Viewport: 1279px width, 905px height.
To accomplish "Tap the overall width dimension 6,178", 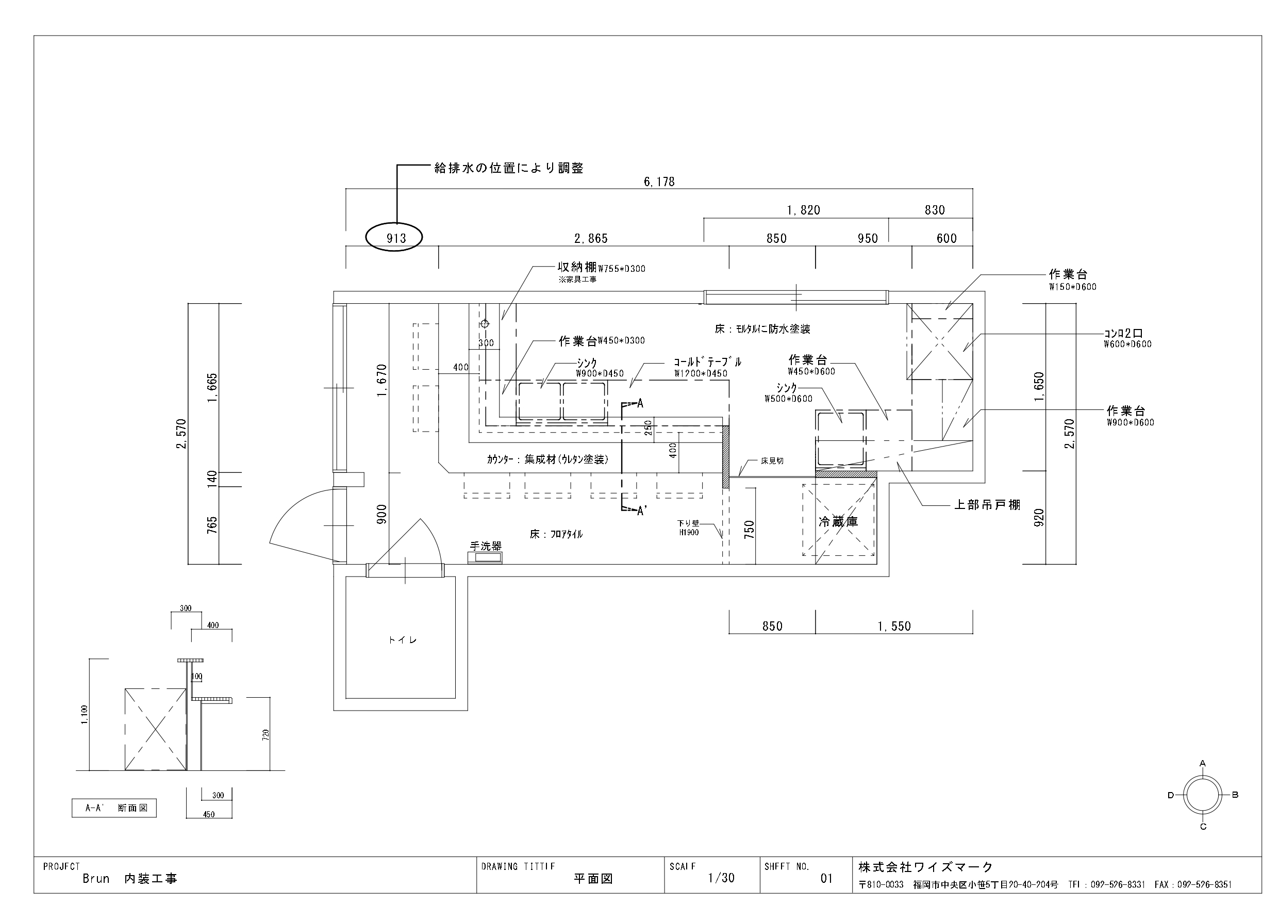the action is pyautogui.click(x=659, y=182).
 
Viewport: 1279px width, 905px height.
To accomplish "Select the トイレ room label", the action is pyautogui.click(x=402, y=640).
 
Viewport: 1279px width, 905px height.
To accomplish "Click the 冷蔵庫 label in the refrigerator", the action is pyautogui.click(x=838, y=522).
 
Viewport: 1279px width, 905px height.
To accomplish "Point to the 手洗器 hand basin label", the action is pyautogui.click(x=486, y=546).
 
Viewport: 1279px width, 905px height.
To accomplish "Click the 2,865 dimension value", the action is pyautogui.click(x=591, y=239).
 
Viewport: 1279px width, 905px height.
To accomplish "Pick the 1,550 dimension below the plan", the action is pyautogui.click(x=894, y=627).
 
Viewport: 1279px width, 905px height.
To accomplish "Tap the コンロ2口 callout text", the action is pyautogui.click(x=1124, y=333).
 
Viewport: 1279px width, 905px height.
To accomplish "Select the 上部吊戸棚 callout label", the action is pyautogui.click(x=988, y=505).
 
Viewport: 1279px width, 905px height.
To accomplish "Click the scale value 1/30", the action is pyautogui.click(x=721, y=878).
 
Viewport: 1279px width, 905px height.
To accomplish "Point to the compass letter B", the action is pyautogui.click(x=1235, y=795).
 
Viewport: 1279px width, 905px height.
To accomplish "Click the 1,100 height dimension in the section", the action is pyautogui.click(x=84, y=715).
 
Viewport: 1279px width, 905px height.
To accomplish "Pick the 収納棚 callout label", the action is pyautogui.click(x=577, y=268).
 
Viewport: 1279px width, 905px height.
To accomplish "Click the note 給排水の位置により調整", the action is pyautogui.click(x=509, y=168).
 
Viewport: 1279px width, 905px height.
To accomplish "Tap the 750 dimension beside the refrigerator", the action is pyautogui.click(x=749, y=529).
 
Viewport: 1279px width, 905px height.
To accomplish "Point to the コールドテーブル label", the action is pyautogui.click(x=707, y=362).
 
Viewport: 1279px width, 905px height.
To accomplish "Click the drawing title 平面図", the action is pyautogui.click(x=593, y=878).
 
